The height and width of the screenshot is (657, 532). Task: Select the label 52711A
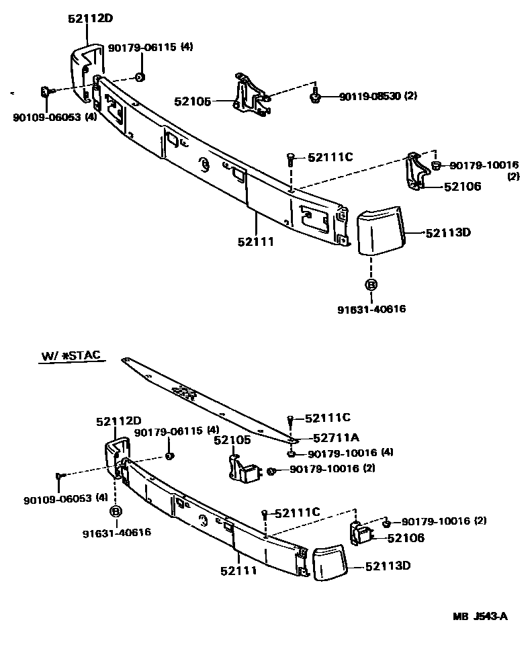point(326,436)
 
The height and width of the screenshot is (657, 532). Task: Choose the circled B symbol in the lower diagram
point(116,512)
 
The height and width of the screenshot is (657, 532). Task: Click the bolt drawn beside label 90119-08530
point(314,98)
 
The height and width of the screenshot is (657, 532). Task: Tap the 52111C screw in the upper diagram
point(290,159)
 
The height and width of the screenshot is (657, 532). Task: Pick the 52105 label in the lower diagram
point(232,440)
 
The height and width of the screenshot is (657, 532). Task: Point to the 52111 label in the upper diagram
point(256,241)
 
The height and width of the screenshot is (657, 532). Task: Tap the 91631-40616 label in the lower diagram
point(117,533)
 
